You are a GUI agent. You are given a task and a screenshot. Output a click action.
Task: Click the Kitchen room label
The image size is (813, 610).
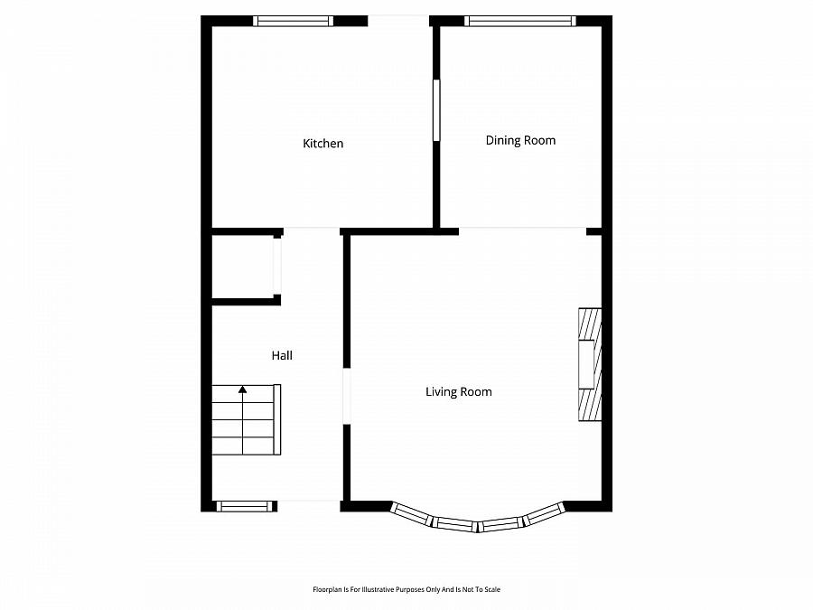[x=322, y=143]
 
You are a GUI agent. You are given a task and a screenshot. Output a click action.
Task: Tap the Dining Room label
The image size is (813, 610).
[x=520, y=141]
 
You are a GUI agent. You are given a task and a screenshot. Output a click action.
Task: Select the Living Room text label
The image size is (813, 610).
[x=459, y=391]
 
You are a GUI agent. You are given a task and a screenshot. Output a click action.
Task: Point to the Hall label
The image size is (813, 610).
[x=282, y=355]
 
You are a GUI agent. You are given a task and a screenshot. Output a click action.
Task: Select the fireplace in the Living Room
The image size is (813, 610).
[x=590, y=364]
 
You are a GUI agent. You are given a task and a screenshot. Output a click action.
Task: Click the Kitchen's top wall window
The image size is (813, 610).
[x=293, y=21]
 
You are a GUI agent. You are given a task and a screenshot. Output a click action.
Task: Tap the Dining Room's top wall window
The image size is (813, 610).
[x=520, y=21]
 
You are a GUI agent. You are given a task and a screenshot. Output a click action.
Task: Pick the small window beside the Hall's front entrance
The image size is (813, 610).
[x=244, y=506]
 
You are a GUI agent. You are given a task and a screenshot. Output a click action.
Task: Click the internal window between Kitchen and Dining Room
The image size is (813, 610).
[x=436, y=110]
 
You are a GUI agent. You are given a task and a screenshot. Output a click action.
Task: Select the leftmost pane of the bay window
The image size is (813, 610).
[x=411, y=514]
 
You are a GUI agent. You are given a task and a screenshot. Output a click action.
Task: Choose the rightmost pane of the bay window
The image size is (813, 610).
[x=543, y=514]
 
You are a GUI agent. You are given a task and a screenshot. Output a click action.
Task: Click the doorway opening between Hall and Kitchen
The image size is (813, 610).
[x=312, y=231]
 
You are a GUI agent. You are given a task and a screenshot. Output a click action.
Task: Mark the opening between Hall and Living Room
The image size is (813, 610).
[x=346, y=397]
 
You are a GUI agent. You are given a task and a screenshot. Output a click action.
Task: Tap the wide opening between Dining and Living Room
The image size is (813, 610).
[x=522, y=231]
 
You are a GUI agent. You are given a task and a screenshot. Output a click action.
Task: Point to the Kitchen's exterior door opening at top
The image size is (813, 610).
[x=398, y=21]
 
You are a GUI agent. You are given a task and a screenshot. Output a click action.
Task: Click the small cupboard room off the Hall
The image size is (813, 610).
[x=243, y=267]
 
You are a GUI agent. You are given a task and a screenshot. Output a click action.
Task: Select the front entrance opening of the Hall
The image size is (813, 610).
[x=309, y=506]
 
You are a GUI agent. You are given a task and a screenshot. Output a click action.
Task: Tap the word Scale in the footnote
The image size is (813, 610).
[x=491, y=589]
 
